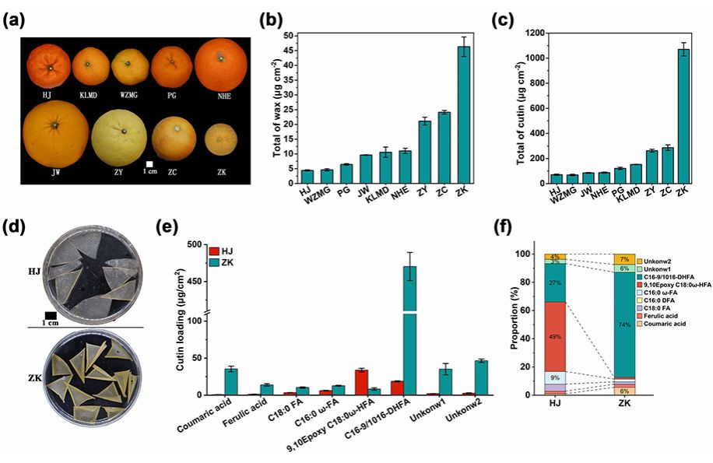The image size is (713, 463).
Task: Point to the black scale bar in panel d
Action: (x=51, y=314)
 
